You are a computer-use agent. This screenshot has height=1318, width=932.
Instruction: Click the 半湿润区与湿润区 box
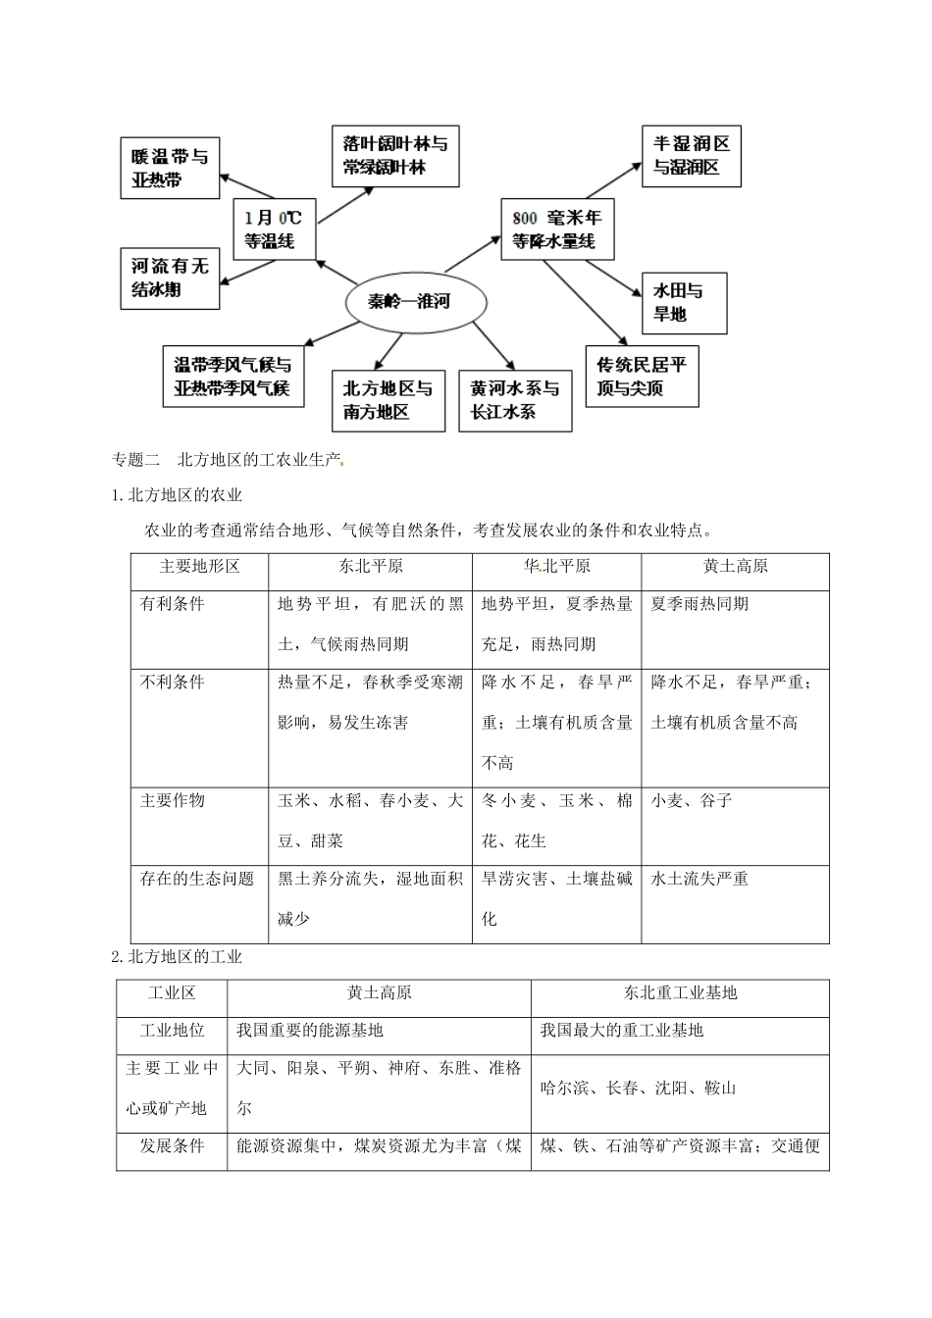coord(692,156)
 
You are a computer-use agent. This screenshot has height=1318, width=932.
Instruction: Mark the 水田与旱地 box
coord(683,303)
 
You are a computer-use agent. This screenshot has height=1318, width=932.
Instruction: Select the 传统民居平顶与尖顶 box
coord(642,377)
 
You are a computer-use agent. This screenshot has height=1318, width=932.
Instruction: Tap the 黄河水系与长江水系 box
coord(515,400)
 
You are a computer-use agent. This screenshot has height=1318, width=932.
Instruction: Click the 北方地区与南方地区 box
coord(388,400)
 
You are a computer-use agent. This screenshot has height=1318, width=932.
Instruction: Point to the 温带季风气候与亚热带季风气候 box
coord(233,377)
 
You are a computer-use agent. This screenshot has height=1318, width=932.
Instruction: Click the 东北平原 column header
coord(370,568)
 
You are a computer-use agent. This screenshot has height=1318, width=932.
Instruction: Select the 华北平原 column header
coord(556,568)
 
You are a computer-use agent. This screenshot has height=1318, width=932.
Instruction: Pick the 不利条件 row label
coord(173,683)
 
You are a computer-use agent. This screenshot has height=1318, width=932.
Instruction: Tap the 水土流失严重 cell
coord(699,880)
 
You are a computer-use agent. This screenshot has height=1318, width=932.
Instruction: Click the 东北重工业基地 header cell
coord(680,993)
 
